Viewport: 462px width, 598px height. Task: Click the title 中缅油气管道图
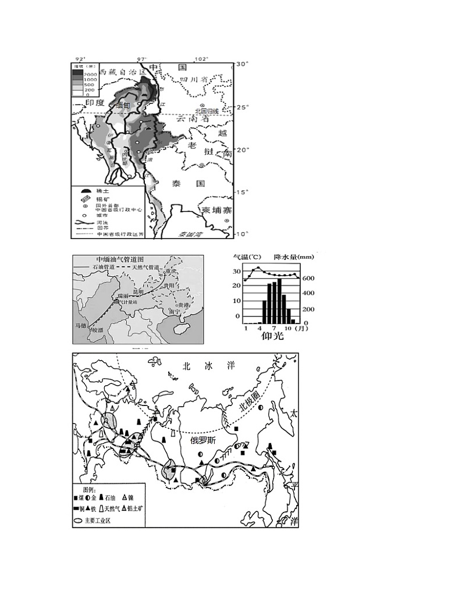pos(120,259)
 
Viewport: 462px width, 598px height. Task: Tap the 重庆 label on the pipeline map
pos(169,271)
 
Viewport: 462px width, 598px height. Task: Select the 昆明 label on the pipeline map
pos(137,291)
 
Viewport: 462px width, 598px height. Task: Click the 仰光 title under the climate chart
pos(272,336)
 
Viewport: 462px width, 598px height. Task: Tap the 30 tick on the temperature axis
pos(236,272)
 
